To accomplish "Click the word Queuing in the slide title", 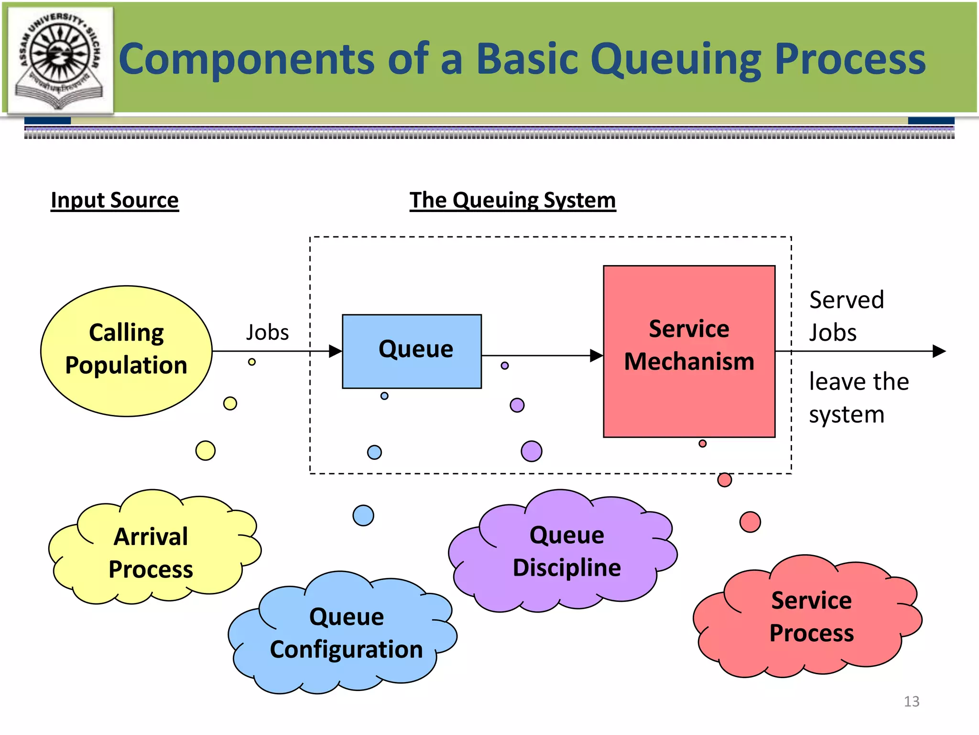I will [675, 60].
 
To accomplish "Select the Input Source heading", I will [115, 200].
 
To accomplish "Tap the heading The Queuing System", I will [512, 200].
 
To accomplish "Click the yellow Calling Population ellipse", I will [126, 351].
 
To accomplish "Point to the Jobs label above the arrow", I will [267, 332].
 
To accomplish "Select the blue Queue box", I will [412, 351].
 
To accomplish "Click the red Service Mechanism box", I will [689, 351].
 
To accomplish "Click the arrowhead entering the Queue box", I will [336, 351].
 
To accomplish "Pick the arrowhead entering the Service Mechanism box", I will [597, 356].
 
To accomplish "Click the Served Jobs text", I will [846, 316].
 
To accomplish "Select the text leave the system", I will [858, 397].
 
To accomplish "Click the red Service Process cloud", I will [811, 616].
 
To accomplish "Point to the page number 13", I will [911, 701].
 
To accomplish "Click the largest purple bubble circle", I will [532, 451].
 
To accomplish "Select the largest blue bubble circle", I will [363, 515].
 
